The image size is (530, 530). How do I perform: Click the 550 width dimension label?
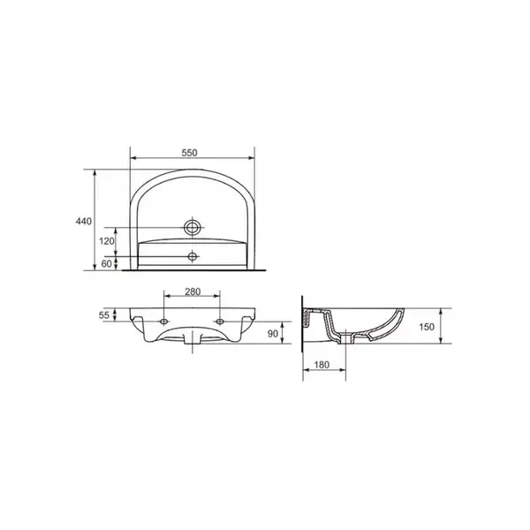(x=189, y=153)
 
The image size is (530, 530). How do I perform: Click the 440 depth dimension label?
(x=83, y=222)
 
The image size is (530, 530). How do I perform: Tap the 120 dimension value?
(x=107, y=241)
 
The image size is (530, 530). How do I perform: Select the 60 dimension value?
(x=107, y=263)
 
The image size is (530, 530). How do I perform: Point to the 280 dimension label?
(x=193, y=291)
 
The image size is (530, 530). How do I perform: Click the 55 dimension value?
(x=104, y=315)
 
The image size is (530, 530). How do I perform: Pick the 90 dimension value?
(x=272, y=334)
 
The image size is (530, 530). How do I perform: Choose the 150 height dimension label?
(x=427, y=327)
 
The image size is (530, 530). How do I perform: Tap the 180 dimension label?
(x=322, y=365)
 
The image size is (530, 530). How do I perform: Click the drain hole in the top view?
(x=193, y=228)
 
